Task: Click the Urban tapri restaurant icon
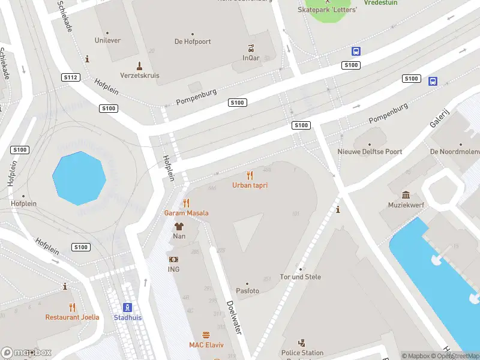[250, 175]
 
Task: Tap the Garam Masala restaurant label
[187, 213]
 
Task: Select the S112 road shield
[71, 77]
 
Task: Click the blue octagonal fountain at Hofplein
[79, 178]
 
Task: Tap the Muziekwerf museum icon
[406, 195]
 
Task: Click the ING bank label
[173, 269]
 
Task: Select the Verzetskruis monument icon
[139, 65]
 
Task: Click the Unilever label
[107, 40]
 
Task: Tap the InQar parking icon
[251, 49]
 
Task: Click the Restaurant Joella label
[71, 317]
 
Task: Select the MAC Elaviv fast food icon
[206, 335]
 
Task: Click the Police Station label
[302, 353]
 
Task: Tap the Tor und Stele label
[301, 277]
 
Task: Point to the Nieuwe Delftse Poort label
[370, 152]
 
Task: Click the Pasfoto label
[247, 291]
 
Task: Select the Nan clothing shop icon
[179, 226]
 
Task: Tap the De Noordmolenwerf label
[455, 152]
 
